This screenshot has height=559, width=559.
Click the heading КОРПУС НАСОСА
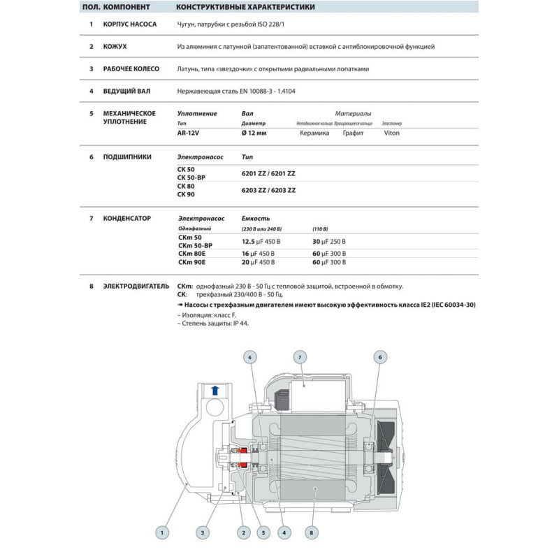click(x=129, y=24)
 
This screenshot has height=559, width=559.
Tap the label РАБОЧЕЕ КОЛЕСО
click(x=131, y=69)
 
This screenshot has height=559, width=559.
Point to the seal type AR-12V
click(x=188, y=133)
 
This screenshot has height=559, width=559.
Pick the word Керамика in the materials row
click(x=314, y=133)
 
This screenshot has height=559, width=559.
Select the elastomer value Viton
click(x=392, y=133)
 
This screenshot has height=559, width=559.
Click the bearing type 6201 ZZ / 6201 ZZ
click(x=268, y=173)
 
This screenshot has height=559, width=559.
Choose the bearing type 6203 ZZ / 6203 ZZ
click(x=268, y=190)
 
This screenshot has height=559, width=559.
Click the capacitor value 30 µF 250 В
click(x=328, y=241)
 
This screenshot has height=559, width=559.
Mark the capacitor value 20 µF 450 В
click(x=258, y=262)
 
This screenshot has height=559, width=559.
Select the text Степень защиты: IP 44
click(x=212, y=324)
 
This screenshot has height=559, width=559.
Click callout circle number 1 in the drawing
click(x=162, y=532)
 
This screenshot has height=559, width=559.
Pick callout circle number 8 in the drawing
click(x=310, y=532)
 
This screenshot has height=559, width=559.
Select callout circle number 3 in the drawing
click(x=202, y=532)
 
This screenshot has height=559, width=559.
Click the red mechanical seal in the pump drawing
click(x=244, y=459)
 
